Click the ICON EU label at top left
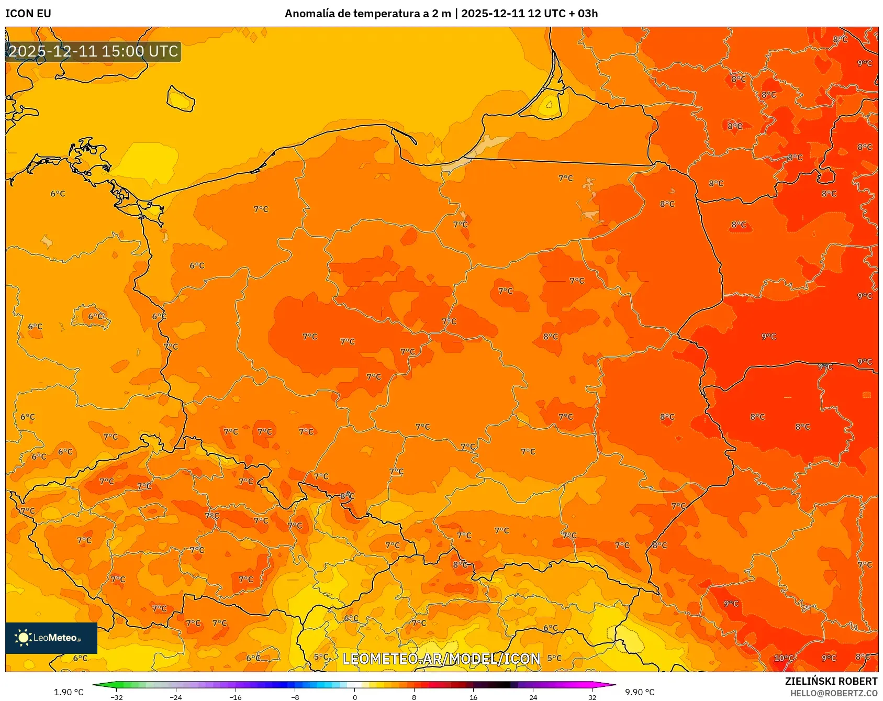[28, 14]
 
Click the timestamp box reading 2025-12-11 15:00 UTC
[93, 51]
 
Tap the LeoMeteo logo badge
[51, 638]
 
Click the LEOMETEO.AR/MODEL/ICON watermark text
[441, 659]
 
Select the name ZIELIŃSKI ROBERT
[831, 681]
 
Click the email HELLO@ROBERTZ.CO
[833, 693]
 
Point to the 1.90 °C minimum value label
[69, 692]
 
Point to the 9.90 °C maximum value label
[640, 692]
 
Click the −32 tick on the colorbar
[117, 697]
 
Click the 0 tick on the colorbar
[355, 697]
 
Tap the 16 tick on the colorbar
[473, 697]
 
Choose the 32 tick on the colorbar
[592, 697]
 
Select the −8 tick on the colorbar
[295, 697]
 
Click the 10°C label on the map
[784, 658]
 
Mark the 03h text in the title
[587, 14]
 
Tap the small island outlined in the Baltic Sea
[181, 98]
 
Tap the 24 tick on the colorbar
[533, 697]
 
